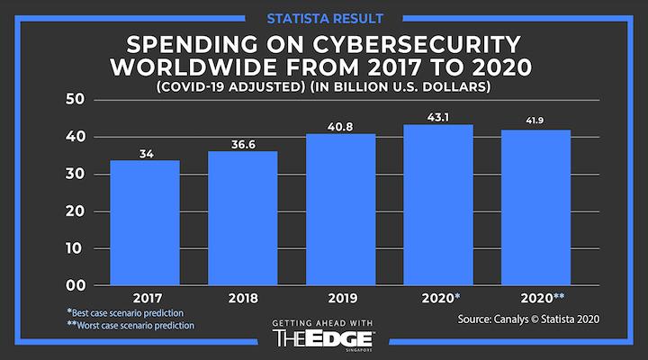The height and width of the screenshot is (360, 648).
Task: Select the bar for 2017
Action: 144,223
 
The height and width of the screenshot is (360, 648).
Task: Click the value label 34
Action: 144,154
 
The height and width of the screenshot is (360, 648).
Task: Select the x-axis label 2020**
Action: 543,299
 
